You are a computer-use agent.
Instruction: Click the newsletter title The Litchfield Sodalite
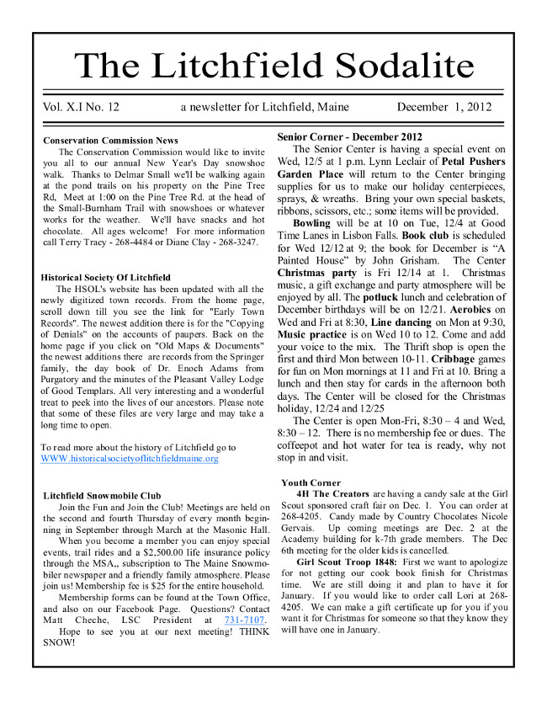point(274,65)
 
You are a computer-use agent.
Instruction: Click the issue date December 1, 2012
point(443,107)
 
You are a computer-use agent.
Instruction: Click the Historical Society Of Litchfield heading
point(105,277)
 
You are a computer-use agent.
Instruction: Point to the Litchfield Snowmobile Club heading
point(101,496)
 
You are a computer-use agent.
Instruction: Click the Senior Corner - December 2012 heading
point(349,136)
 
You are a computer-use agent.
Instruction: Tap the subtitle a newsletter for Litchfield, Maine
point(265,107)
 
